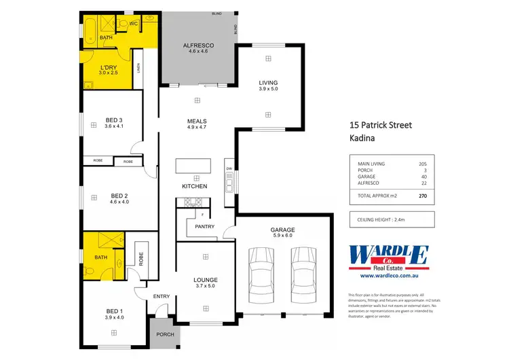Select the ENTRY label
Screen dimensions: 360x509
pos(161,295)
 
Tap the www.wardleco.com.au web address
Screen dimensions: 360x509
pos(388,276)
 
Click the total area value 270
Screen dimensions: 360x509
pos(423,196)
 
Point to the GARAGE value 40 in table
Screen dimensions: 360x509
pos(423,176)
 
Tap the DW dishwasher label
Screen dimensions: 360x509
pos(229,168)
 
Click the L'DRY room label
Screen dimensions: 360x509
pos(108,67)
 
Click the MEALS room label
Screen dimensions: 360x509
pos(197,120)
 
